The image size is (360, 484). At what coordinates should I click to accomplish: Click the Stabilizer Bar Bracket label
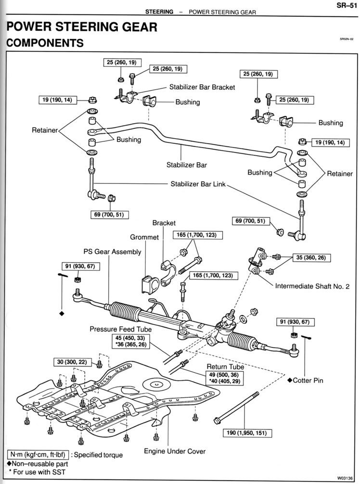click(x=202, y=87)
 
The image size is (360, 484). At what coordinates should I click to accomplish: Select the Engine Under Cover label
click(x=175, y=451)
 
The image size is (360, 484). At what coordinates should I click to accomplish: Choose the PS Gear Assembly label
click(x=112, y=252)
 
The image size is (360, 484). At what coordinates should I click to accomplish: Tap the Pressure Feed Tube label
click(x=120, y=329)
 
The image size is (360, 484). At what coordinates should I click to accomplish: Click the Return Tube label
click(x=225, y=367)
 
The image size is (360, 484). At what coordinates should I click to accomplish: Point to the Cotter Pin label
click(x=308, y=381)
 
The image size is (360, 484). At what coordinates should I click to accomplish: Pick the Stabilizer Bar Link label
click(x=198, y=184)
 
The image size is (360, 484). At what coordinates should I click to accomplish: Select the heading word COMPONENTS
click(x=45, y=43)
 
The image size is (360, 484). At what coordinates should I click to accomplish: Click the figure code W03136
click(x=347, y=478)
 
